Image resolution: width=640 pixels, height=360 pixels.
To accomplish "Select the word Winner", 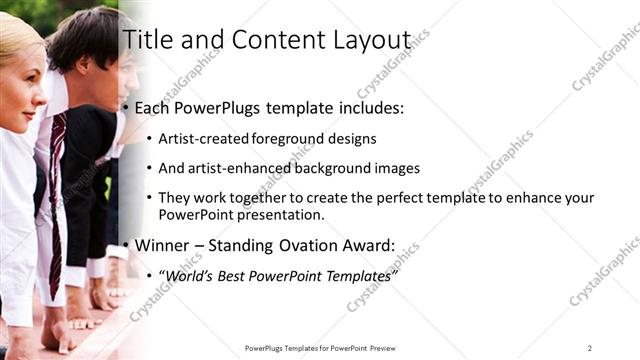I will (161, 245).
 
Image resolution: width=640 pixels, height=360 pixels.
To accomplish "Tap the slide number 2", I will (590, 348).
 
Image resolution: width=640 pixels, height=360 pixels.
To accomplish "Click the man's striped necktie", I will (56, 190).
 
